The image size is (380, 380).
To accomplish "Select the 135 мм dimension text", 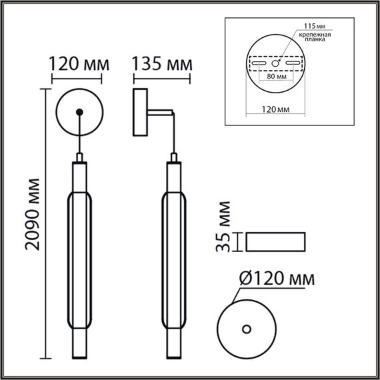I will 162,65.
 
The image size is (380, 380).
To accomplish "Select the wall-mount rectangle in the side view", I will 140,114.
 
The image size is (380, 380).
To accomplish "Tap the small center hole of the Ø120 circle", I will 247,328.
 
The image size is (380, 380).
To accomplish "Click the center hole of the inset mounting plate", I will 275,64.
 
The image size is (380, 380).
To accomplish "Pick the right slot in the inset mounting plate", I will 294,64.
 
